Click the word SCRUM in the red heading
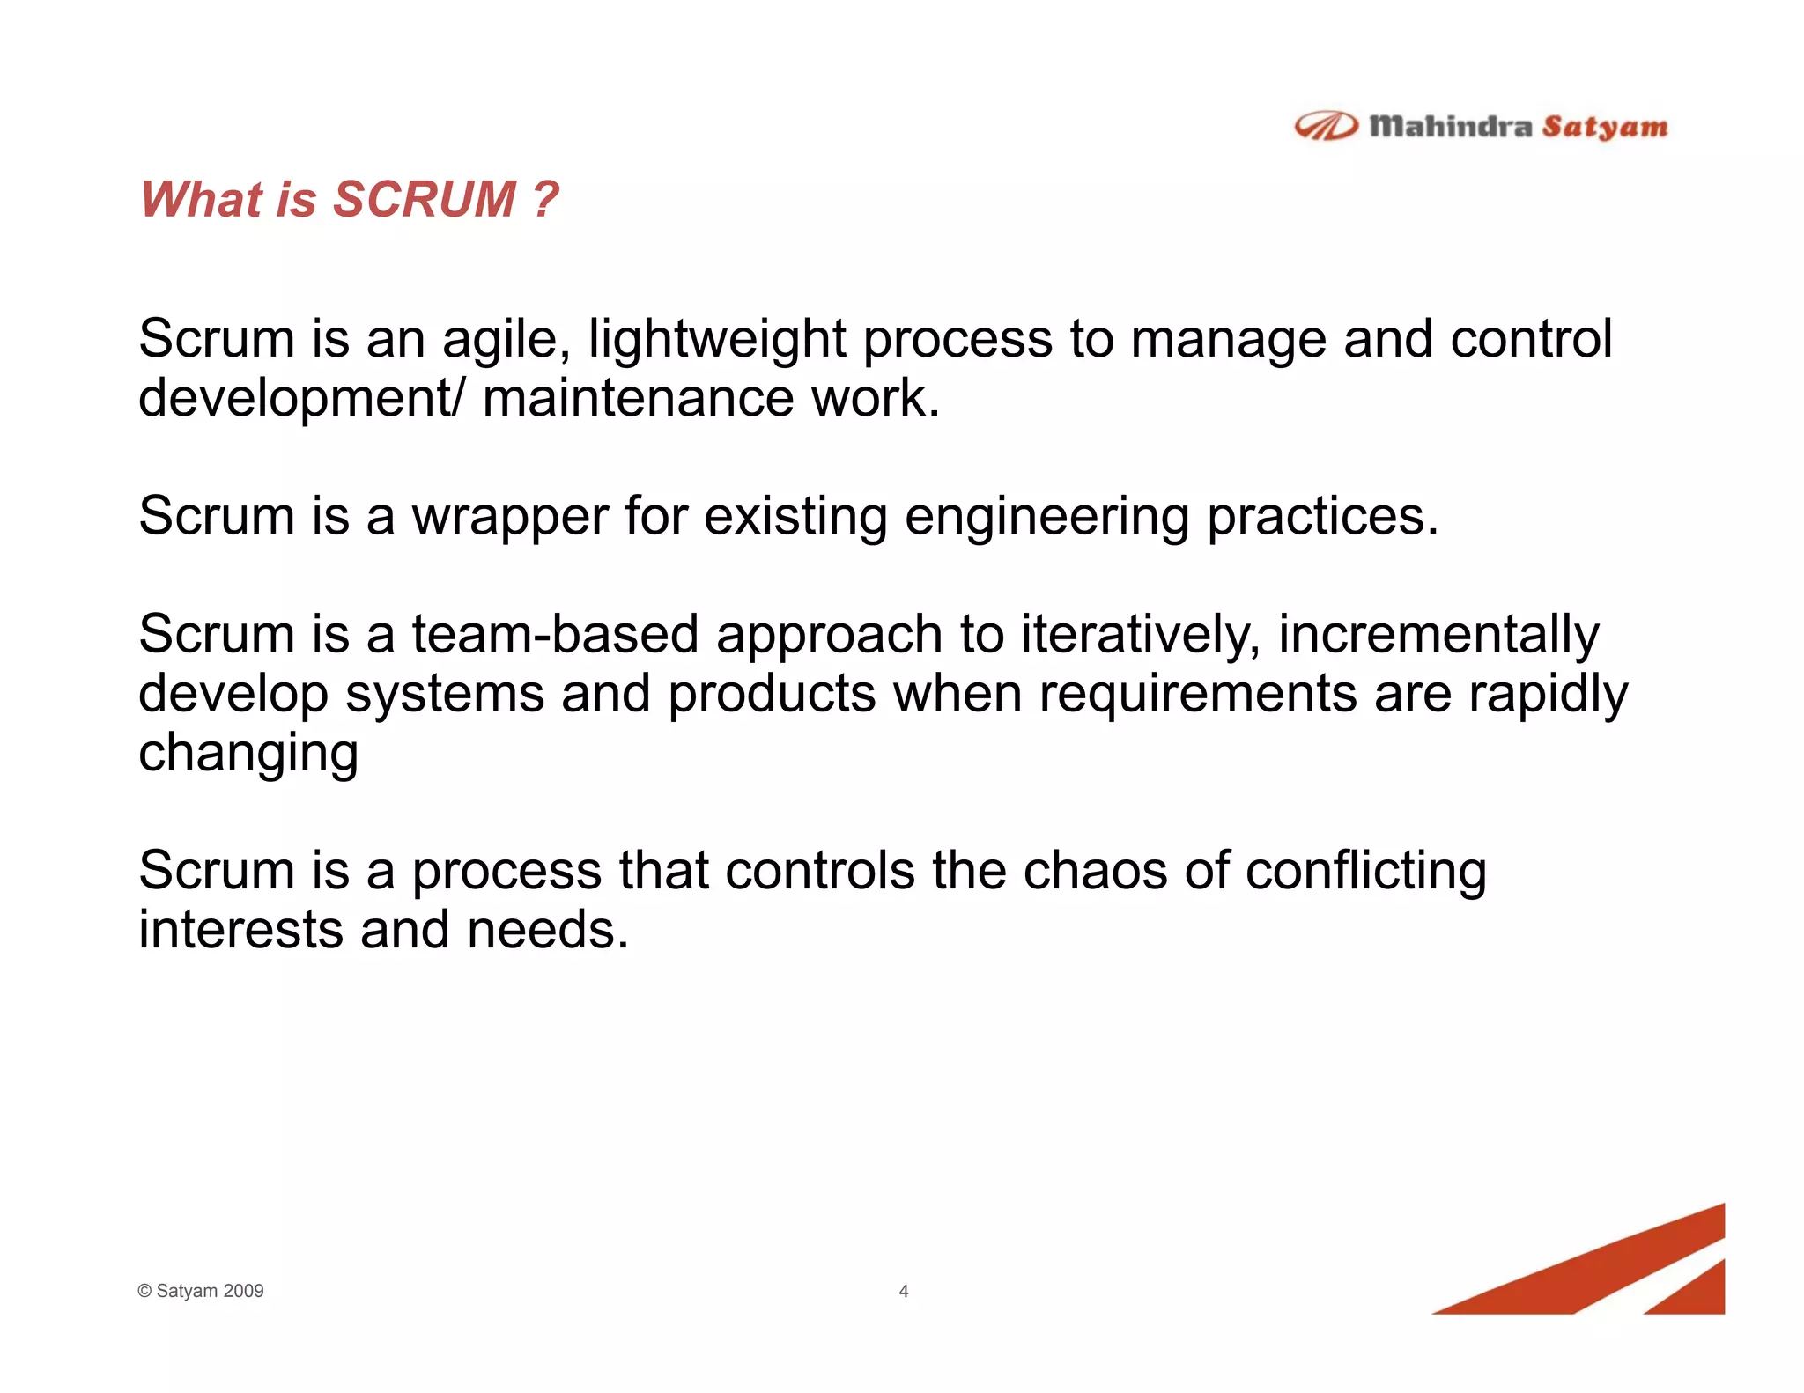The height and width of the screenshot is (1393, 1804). pyautogui.click(x=425, y=199)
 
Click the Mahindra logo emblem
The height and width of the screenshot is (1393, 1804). pyautogui.click(x=1325, y=127)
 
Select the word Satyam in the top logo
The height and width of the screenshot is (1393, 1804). pyautogui.click(x=1605, y=128)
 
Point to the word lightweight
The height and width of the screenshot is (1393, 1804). pyautogui.click(x=717, y=340)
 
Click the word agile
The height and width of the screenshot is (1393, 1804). pyautogui.click(x=506, y=340)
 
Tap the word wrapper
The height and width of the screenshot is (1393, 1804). pyautogui.click(x=510, y=518)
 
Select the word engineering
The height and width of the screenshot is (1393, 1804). pyautogui.click(x=1046, y=518)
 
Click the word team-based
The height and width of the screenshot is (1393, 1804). pyautogui.click(x=555, y=634)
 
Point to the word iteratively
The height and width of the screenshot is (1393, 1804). pyautogui.click(x=1140, y=636)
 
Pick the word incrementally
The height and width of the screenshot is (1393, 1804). pyautogui.click(x=1438, y=636)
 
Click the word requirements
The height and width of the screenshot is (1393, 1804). pyautogui.click(x=1198, y=695)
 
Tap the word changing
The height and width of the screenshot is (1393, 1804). pyautogui.click(x=248, y=755)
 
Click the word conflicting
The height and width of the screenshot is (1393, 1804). pyautogui.click(x=1365, y=872)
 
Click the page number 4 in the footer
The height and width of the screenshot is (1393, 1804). pyautogui.click(x=903, y=1291)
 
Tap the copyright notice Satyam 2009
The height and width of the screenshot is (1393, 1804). pyautogui.click(x=202, y=1291)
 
